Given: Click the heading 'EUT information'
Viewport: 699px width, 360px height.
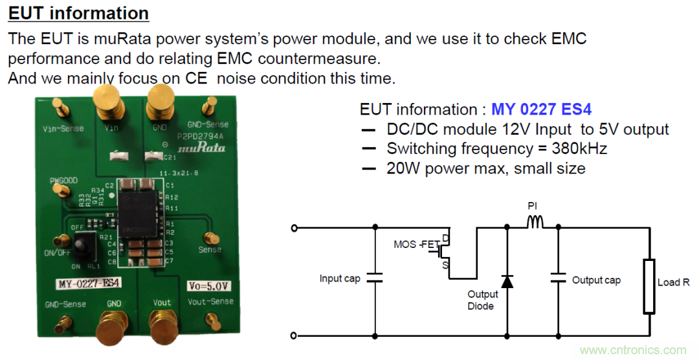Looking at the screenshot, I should (x=78, y=13).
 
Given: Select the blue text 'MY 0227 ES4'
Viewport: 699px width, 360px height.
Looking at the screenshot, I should (x=542, y=109).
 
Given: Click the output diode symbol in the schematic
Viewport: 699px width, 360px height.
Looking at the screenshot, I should (x=507, y=281).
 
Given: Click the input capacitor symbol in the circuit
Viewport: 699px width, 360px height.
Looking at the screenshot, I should (x=375, y=278).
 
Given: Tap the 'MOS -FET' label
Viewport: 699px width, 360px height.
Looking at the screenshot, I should (x=416, y=245).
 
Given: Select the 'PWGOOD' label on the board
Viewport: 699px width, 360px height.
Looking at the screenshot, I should (x=63, y=181).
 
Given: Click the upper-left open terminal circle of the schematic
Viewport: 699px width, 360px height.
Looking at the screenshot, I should (x=295, y=228).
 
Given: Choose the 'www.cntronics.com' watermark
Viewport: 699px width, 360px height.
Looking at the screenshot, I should (x=633, y=350).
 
